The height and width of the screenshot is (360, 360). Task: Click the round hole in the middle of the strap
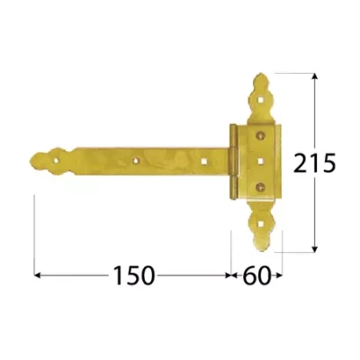138,162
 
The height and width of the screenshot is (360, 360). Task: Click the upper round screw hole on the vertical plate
260,134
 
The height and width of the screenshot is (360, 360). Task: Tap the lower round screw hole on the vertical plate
261,188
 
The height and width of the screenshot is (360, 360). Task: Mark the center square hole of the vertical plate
260,161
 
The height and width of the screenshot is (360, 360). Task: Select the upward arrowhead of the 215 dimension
314,77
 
